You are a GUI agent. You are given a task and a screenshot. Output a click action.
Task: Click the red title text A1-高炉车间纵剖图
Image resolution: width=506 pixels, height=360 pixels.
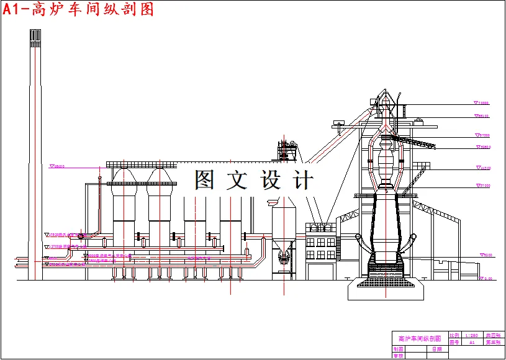pyautogui.click(x=78, y=9)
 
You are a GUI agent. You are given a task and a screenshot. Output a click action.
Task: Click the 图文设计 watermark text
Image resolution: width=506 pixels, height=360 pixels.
pyautogui.click(x=253, y=179)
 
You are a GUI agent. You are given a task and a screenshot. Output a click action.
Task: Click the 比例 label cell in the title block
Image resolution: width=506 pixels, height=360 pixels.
pyautogui.click(x=454, y=335)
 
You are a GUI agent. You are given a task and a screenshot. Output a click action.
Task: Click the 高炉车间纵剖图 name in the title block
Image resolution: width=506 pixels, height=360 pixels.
pyautogui.click(x=419, y=339)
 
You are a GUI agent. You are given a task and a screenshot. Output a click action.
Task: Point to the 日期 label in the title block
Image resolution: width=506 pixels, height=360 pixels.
pyautogui.click(x=436, y=349)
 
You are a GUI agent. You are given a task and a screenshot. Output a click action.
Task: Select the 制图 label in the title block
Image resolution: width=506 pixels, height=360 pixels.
pyautogui.click(x=398, y=349)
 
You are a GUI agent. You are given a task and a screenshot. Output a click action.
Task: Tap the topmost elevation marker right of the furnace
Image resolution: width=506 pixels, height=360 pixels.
pyautogui.click(x=481, y=103)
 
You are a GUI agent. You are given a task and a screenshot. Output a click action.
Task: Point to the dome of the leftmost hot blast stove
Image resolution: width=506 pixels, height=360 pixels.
pyautogui.click(x=124, y=176)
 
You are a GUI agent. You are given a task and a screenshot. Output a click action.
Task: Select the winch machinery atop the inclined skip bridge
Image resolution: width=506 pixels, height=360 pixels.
pyautogui.click(x=286, y=150)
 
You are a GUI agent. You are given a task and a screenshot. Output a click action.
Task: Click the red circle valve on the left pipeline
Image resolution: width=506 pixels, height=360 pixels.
pyautogui.click(x=81, y=236)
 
